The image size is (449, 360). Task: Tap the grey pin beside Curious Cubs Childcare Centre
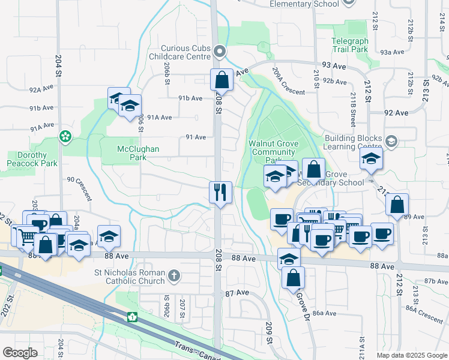[220, 52]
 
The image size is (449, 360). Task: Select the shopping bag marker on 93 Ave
[221, 80]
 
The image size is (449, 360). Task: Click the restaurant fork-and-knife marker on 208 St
[220, 193]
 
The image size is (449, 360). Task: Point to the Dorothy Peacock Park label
[32, 159]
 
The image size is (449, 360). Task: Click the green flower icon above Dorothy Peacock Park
[64, 137]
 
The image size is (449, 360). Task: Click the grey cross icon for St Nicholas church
[174, 276]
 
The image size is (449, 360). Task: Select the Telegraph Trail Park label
[349, 46]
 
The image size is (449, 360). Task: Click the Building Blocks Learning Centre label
[353, 142]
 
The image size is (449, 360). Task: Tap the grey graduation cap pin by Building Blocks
[391, 142]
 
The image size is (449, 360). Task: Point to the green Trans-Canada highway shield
[131, 316]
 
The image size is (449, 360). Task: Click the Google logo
[20, 353]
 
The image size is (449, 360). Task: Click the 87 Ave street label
[237, 292]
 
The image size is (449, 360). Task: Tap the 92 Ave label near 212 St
[396, 112]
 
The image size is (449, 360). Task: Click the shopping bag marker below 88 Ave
[293, 278]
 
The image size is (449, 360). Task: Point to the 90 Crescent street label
[80, 187]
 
